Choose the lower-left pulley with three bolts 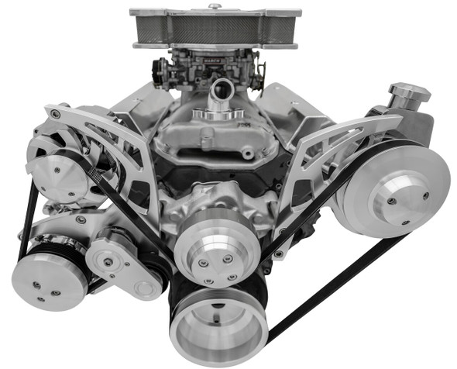point(49,279)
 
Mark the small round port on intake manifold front point(247,154)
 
